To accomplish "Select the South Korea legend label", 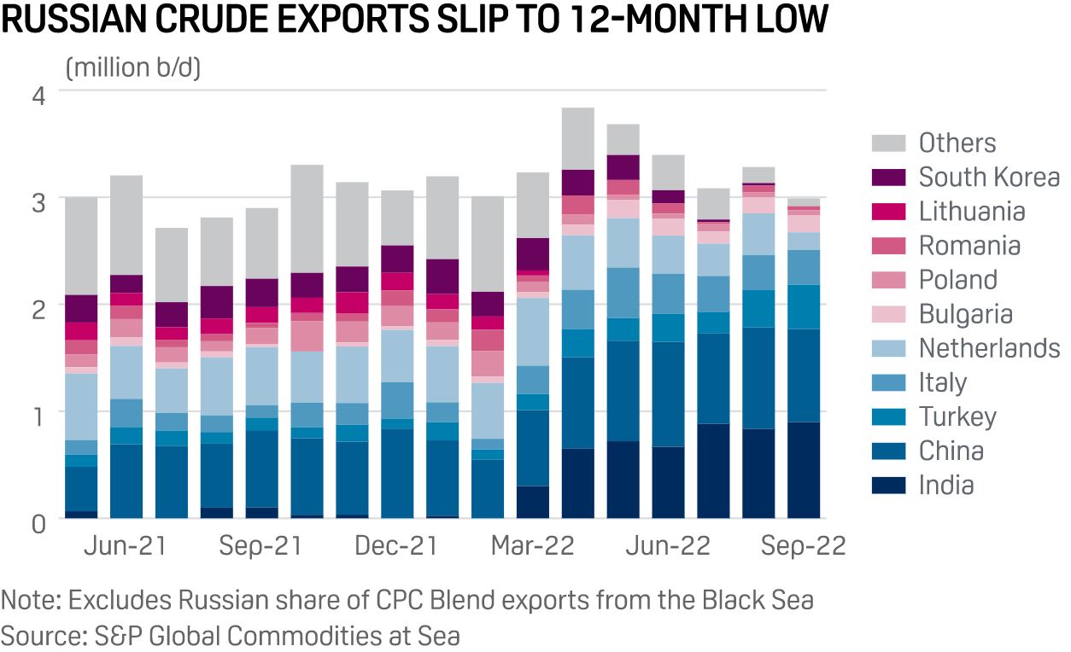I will click(989, 178).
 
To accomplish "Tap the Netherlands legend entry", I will click(989, 348).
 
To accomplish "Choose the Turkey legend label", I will click(957, 416).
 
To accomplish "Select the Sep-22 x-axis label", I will click(802, 546).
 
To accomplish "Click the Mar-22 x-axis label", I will click(532, 546).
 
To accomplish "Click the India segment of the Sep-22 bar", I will click(803, 470).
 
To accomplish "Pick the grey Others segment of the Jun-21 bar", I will click(127, 225).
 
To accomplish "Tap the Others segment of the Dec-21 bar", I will click(397, 218).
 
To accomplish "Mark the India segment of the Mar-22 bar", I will click(533, 502).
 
